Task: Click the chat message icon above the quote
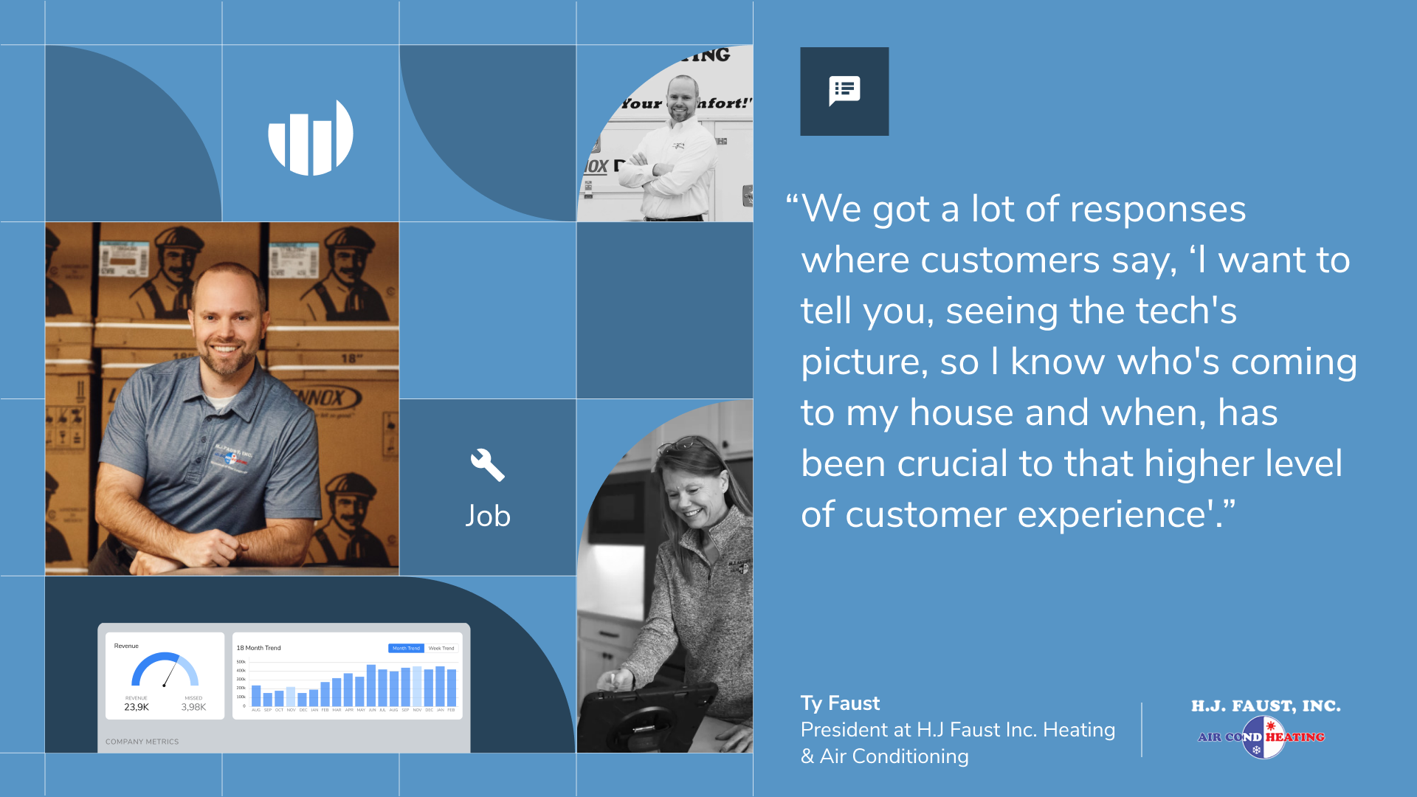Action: point(844,91)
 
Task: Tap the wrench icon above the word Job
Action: point(487,466)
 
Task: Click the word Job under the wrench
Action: point(487,516)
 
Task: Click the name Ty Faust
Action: point(840,703)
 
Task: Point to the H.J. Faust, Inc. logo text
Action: point(1265,706)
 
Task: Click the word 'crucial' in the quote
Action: point(952,463)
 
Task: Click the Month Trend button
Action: point(406,649)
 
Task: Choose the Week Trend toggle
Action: point(441,649)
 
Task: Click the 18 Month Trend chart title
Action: point(258,648)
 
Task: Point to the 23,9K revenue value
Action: point(137,707)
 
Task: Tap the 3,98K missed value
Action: point(193,707)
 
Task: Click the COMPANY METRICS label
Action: point(142,742)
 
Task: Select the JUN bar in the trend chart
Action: point(371,686)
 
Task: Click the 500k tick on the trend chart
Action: point(241,662)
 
